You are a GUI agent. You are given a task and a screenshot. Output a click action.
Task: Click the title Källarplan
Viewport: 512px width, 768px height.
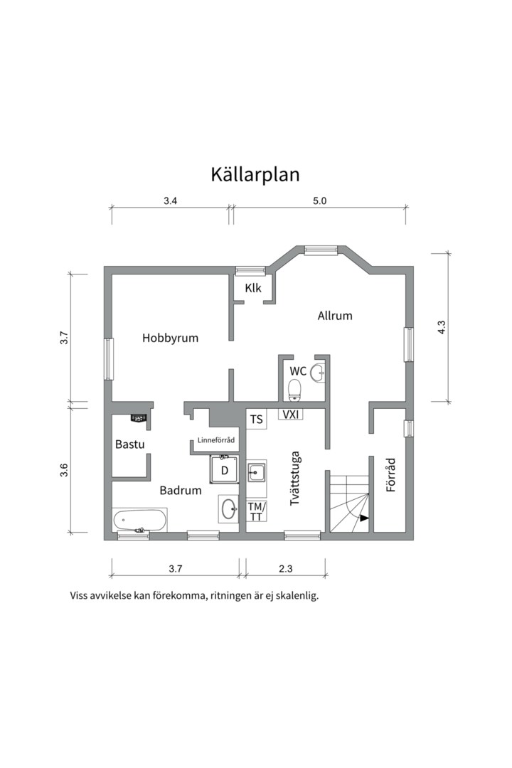pos(255,175)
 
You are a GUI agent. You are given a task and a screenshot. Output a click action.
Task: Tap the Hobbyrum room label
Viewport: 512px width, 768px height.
pos(170,338)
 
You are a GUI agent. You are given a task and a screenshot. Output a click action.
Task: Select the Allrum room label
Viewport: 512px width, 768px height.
pos(334,316)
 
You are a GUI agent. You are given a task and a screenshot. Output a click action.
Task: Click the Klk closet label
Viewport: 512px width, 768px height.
pos(253,288)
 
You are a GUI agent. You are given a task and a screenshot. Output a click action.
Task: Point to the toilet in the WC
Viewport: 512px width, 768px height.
pos(294,389)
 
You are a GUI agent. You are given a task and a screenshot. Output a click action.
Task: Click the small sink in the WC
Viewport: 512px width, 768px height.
pos(317,370)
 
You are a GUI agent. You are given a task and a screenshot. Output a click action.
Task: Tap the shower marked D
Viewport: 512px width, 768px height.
pos(224,469)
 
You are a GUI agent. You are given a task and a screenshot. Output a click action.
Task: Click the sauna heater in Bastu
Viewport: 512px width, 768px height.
pos(139,417)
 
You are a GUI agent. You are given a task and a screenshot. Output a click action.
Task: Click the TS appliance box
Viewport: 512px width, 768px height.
pos(256,420)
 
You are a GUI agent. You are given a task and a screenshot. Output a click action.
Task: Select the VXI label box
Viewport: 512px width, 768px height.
pos(290,414)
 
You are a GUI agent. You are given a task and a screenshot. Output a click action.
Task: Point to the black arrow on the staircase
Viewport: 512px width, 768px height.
pos(364,518)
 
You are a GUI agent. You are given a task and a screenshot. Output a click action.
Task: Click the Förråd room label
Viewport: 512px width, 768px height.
pos(390,475)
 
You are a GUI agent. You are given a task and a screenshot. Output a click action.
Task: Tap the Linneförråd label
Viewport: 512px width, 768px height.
pos(215,439)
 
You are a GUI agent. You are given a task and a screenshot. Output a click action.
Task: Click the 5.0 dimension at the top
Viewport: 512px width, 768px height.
pos(319,201)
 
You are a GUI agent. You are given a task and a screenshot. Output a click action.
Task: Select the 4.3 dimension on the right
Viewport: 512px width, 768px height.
pos(441,327)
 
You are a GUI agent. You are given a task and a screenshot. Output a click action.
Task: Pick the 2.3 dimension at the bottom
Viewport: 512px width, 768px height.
pos(286,568)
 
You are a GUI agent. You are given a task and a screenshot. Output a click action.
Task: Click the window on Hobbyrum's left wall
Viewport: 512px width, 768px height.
pos(109,358)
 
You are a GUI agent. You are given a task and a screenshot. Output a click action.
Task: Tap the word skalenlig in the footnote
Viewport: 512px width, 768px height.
pos(294,596)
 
